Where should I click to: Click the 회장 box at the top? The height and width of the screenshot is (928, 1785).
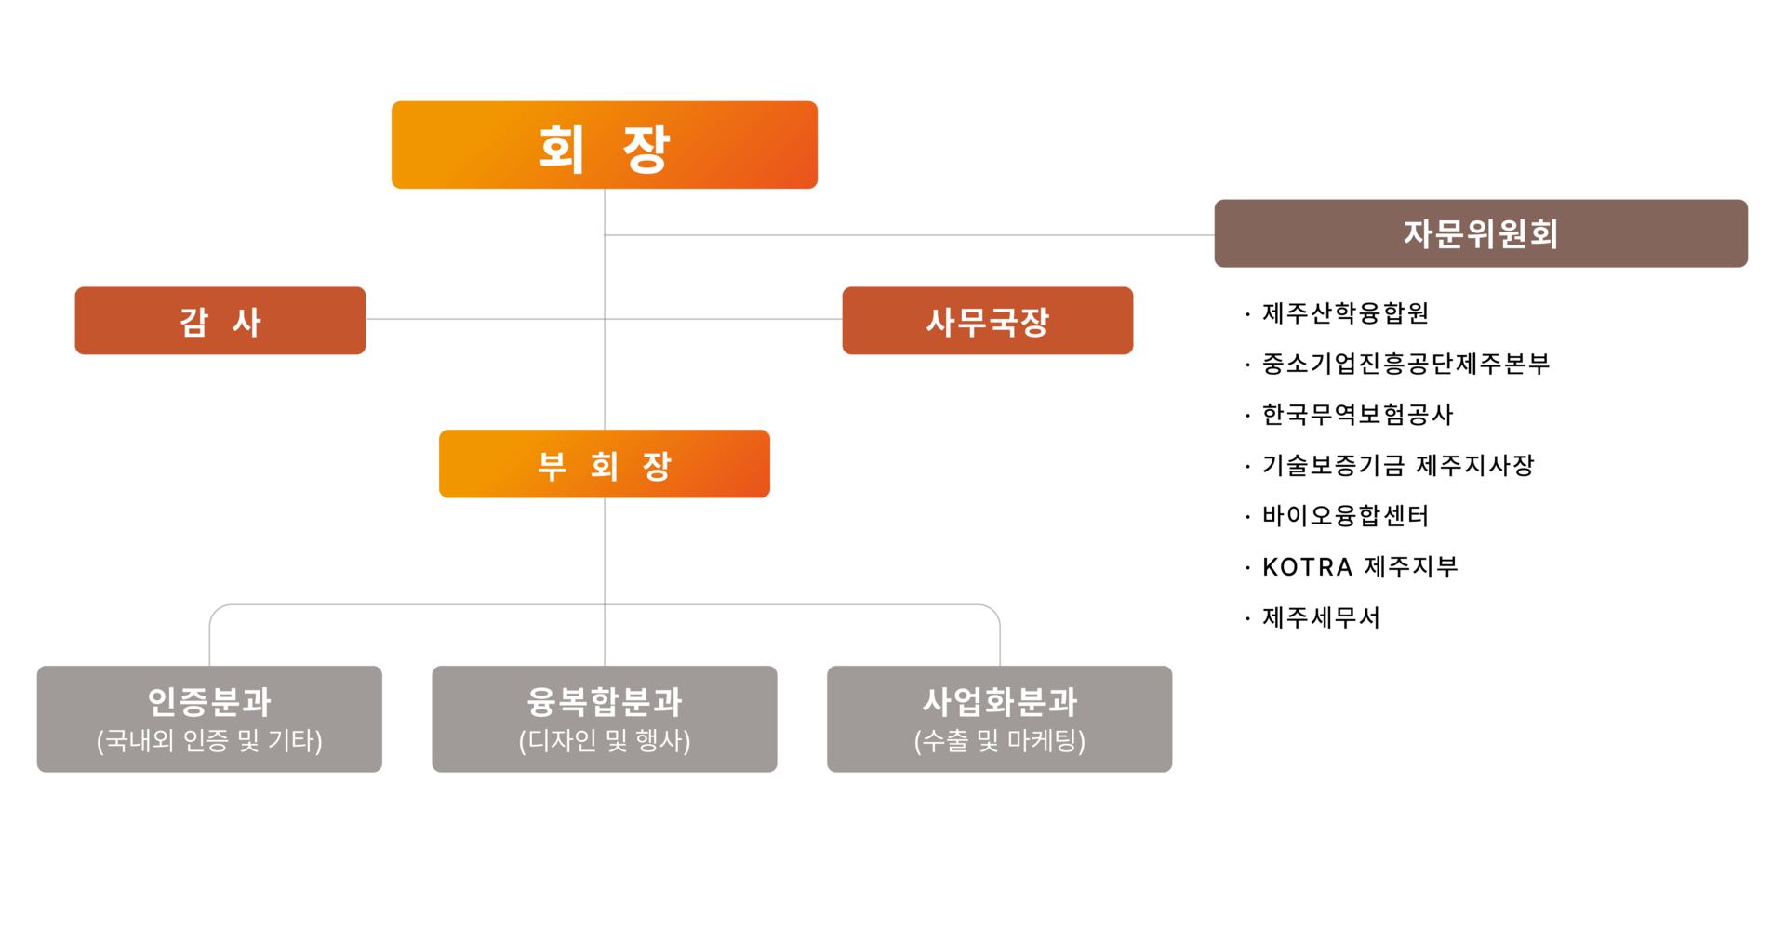coord(605,145)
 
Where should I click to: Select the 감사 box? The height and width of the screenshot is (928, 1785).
coord(220,321)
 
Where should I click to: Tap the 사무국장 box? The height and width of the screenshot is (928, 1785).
coord(988,321)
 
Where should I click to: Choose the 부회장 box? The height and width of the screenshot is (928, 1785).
coord(605,464)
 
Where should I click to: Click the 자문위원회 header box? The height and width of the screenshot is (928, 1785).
coord(1481,233)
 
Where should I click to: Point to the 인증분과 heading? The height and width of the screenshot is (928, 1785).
coord(209,701)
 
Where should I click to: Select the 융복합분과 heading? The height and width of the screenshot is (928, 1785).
coord(605,701)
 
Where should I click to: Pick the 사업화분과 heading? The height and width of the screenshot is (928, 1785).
coord(1000,701)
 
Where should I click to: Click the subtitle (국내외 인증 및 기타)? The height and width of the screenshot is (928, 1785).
coord(209,741)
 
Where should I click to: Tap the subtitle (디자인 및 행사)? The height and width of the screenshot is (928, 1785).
coord(605,741)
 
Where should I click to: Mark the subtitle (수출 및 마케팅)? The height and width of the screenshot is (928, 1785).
coord(1000,741)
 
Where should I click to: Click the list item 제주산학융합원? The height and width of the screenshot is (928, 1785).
coord(1345,313)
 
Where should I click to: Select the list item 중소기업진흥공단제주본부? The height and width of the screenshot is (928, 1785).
coord(1405,364)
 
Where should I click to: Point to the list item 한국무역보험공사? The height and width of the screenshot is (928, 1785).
coord(1357,415)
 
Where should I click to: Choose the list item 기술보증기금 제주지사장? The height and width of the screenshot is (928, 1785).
coord(1398,465)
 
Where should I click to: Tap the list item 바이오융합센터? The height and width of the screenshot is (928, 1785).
coord(1345,516)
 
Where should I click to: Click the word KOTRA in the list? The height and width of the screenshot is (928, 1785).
coord(1307,567)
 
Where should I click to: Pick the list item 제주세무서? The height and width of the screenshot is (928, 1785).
coord(1321,617)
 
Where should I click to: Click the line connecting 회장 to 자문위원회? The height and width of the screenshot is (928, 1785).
coord(910,235)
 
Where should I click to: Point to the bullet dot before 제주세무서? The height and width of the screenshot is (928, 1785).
coord(1247,619)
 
